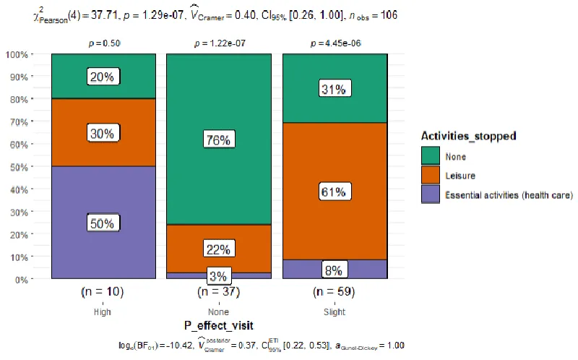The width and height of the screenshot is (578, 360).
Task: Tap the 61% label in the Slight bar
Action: pyautogui.click(x=335, y=192)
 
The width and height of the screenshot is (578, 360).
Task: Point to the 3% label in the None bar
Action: pyautogui.click(x=219, y=275)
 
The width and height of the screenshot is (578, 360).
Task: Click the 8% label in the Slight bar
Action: pyautogui.click(x=335, y=270)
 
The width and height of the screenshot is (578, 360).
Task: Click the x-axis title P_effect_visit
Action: pyautogui.click(x=218, y=326)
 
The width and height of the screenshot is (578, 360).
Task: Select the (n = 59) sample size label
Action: pyautogui.click(x=335, y=293)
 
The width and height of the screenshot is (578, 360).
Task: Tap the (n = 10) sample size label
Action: pyautogui.click(x=103, y=293)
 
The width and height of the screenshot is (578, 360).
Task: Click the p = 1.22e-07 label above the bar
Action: pyautogui.click(x=219, y=44)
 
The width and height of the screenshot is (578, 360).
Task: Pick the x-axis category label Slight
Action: pyautogui.click(x=335, y=312)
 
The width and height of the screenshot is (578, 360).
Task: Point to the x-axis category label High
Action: pyautogui.click(x=103, y=312)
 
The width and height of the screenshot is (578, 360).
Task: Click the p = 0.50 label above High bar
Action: pyautogui.click(x=103, y=44)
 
